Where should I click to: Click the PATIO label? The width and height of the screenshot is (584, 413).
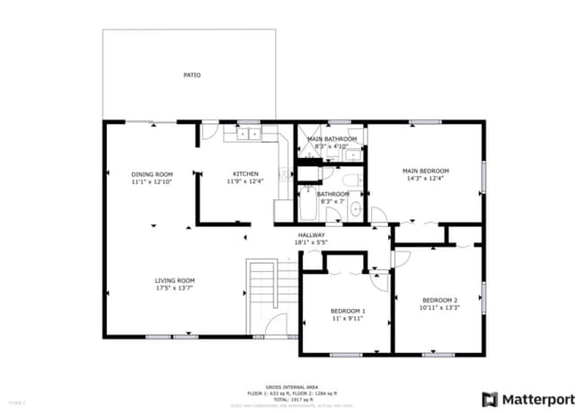pyautogui.click(x=191, y=75)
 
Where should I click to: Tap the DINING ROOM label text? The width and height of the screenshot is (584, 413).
pyautogui.click(x=151, y=174)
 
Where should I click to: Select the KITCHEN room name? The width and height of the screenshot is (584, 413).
pyautogui.click(x=245, y=174)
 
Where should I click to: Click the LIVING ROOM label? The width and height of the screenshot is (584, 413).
pyautogui.click(x=174, y=280)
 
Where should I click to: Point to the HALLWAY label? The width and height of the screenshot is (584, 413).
pyautogui.click(x=311, y=236)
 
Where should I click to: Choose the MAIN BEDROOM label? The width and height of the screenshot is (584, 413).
pyautogui.click(x=425, y=171)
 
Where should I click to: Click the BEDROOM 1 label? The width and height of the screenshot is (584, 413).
pyautogui.click(x=345, y=311)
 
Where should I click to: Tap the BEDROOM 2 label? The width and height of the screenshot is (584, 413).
pyautogui.click(x=439, y=300)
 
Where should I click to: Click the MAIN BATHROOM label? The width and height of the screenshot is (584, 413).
pyautogui.click(x=332, y=139)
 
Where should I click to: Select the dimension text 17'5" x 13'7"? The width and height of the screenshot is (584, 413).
pyautogui.click(x=174, y=288)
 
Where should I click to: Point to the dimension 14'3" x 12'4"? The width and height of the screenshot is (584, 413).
pyautogui.click(x=425, y=179)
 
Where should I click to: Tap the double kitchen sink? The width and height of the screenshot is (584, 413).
pyautogui.click(x=248, y=134)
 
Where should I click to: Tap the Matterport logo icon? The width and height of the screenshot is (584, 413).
pyautogui.click(x=491, y=398)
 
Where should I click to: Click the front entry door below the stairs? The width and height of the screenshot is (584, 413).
pyautogui.click(x=277, y=324)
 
